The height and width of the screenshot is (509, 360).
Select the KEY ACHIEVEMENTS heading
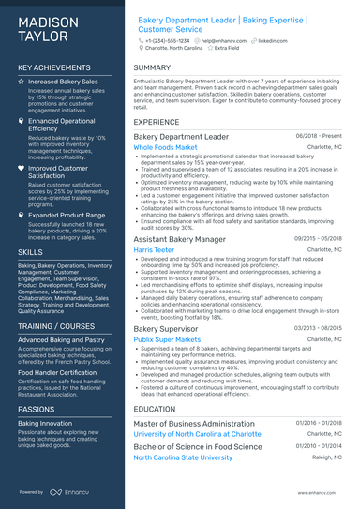[x=53, y=68]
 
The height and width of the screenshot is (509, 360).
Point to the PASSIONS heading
[x=37, y=409]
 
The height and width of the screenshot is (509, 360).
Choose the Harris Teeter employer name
[x=155, y=250]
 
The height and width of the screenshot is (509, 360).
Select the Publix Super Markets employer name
[x=170, y=340]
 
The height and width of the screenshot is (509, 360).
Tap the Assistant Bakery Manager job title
[x=179, y=240]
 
